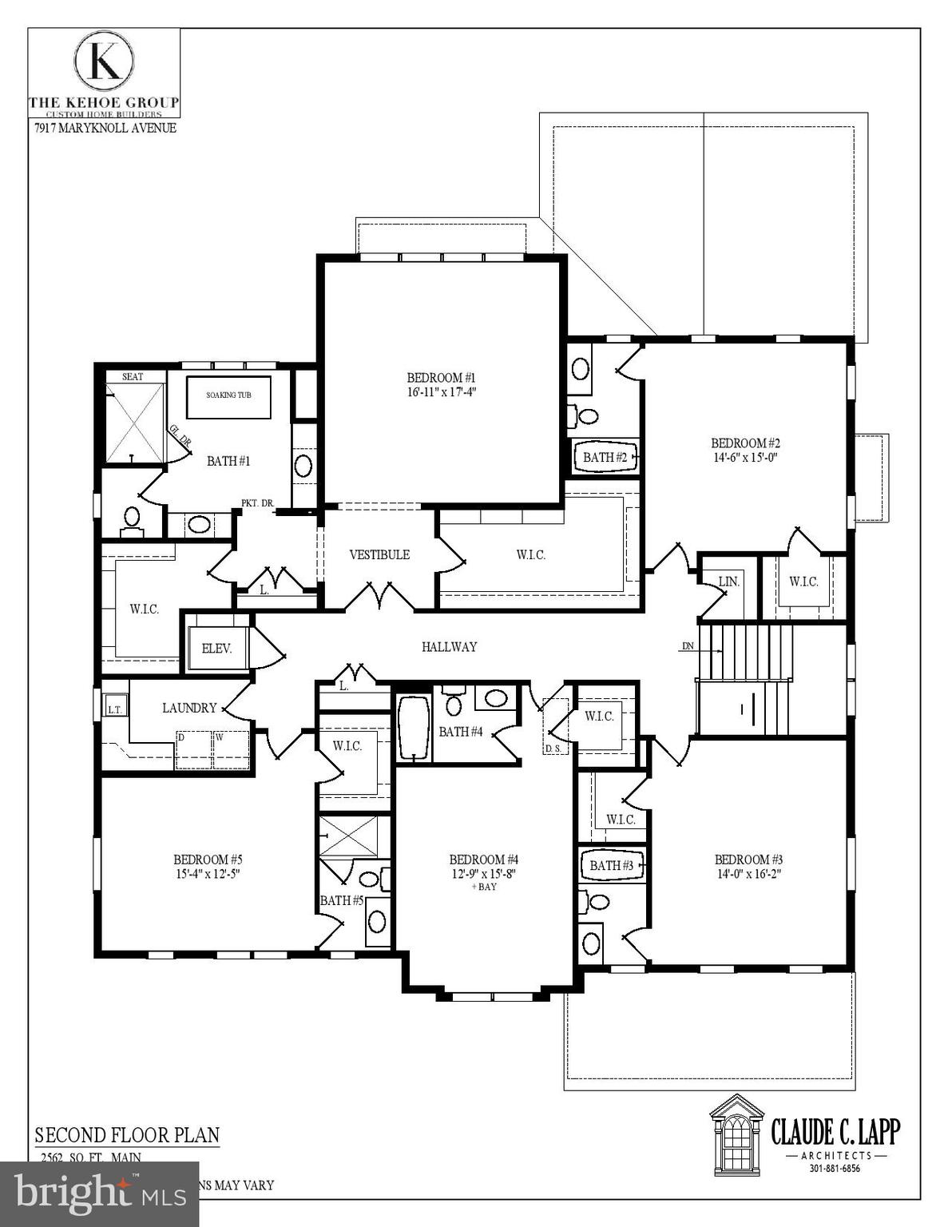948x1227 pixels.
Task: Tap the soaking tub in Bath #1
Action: [x=228, y=395]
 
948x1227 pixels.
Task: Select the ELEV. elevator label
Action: [x=216, y=649]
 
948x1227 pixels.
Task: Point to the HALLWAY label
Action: [x=449, y=647]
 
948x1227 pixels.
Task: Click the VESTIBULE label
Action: [x=379, y=554]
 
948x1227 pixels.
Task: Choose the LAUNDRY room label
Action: [x=189, y=708]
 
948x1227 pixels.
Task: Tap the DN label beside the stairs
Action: [x=688, y=646]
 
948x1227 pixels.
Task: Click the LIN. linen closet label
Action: [x=728, y=582]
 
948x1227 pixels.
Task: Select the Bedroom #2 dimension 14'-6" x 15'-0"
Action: [x=744, y=458]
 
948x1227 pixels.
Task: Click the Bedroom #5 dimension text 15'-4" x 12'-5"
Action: [x=207, y=873]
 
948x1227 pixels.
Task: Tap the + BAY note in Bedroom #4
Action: [x=483, y=887]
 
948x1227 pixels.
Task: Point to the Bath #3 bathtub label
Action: [x=611, y=866]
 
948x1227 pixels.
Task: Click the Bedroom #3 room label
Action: [x=748, y=860]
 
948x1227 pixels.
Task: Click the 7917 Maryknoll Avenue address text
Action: [x=105, y=128]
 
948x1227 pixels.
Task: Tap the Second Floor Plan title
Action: [x=127, y=1135]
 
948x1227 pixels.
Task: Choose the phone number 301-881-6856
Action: [x=835, y=1169]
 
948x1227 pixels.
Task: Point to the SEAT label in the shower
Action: [x=133, y=376]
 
